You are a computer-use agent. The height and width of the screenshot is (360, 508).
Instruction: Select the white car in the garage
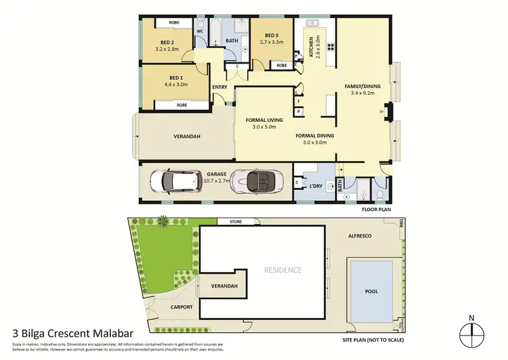coord(174,181)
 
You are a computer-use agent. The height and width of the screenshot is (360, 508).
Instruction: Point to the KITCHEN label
coord(312,47)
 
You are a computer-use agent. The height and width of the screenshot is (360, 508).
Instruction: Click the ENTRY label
coord(219,87)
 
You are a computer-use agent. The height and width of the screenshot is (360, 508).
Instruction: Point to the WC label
coord(200,31)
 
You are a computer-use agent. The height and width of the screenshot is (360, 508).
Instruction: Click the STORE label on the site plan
coord(236,221)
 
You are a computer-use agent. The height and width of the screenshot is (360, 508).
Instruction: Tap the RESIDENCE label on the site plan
coord(282,269)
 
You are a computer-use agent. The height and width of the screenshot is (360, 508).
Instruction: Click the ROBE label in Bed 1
coord(182,105)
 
